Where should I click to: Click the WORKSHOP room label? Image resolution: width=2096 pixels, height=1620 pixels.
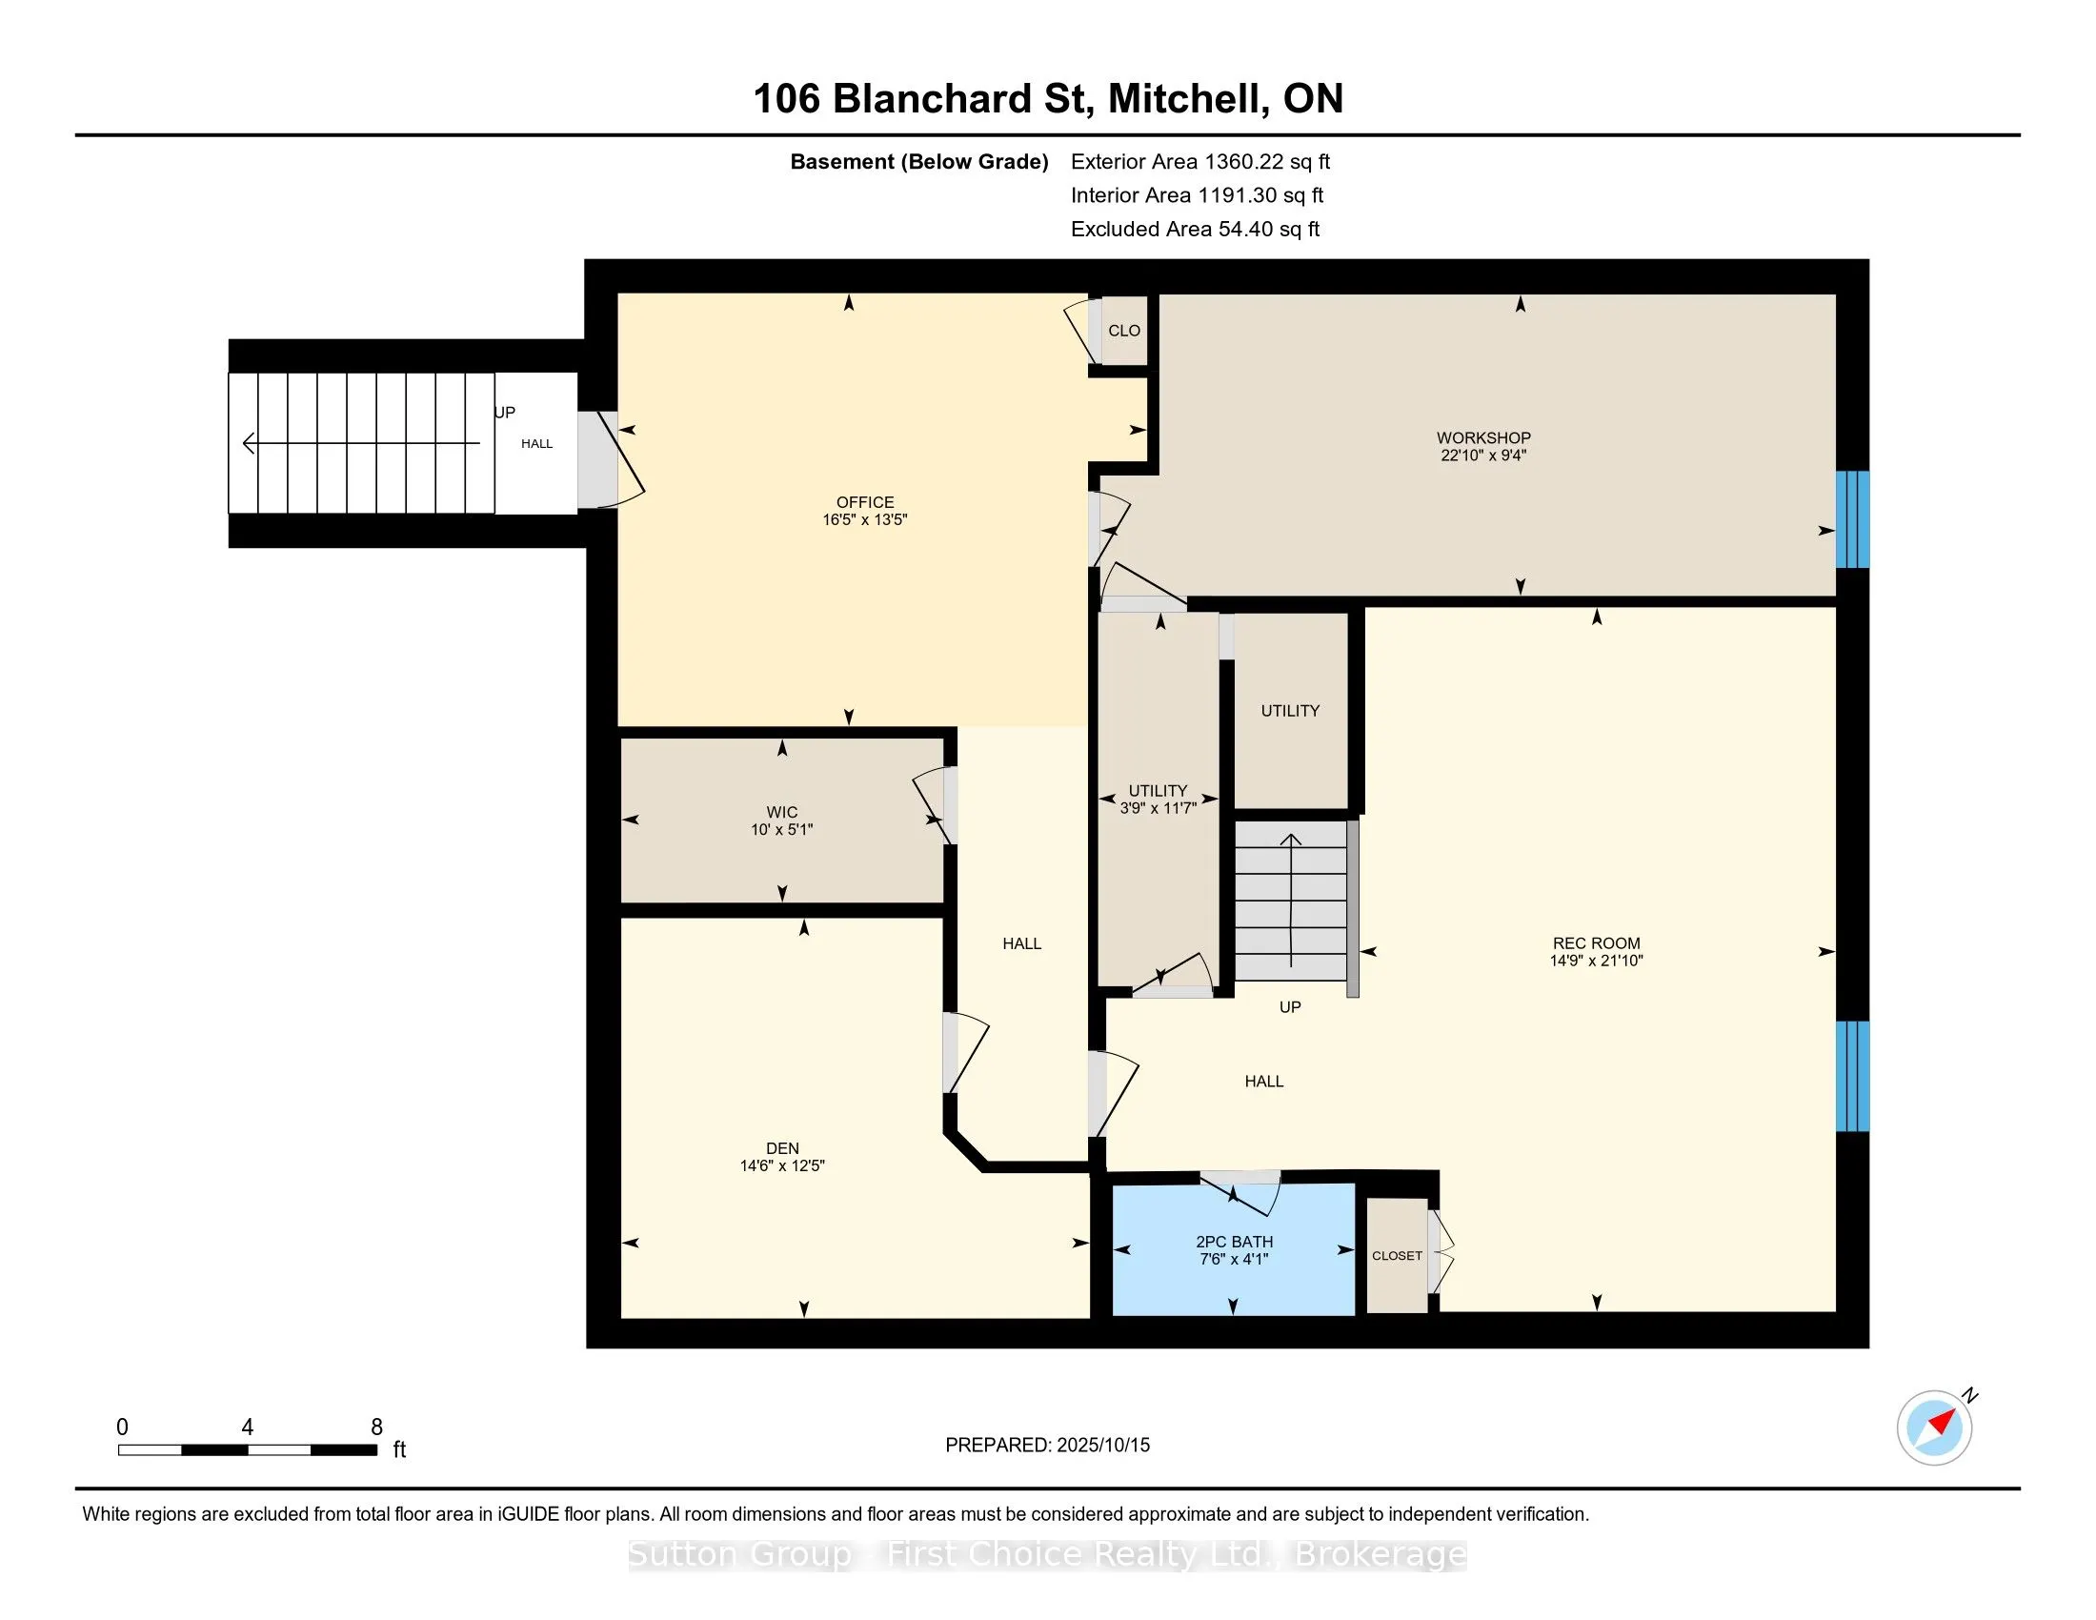coord(1482,437)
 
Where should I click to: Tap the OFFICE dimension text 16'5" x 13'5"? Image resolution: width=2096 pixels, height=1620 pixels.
coord(865,520)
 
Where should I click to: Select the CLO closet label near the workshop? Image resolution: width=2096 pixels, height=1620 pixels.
coord(1124,331)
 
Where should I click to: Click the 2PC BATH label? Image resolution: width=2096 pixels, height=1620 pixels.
coord(1234,1242)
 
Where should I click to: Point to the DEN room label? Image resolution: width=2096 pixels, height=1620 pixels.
coord(782,1149)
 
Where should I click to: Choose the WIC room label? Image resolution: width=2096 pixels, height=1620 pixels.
coord(782,812)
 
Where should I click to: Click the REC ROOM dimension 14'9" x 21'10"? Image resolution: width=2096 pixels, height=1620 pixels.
coord(1596,961)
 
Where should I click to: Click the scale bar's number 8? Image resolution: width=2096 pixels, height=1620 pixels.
coord(377,1428)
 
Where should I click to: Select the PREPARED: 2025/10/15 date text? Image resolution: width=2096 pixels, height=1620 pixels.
coord(1047,1446)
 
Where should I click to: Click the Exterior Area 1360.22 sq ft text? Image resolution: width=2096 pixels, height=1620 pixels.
coord(1200,162)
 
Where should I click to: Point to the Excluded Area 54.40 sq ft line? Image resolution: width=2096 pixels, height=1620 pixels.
coord(1196,230)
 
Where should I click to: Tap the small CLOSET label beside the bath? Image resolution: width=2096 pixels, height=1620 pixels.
coord(1397,1255)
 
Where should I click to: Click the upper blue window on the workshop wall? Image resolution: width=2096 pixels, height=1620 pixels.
coord(1852,519)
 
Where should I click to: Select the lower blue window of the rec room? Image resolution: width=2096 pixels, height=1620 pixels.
coord(1852,1076)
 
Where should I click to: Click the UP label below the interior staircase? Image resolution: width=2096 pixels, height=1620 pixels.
coord(1290,1006)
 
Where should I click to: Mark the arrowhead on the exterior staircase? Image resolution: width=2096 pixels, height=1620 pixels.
coord(250,443)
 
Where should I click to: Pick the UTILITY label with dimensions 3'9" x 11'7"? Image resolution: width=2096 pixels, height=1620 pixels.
coord(1158,799)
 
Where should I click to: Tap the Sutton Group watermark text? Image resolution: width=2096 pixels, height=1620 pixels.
coord(1048,1554)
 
